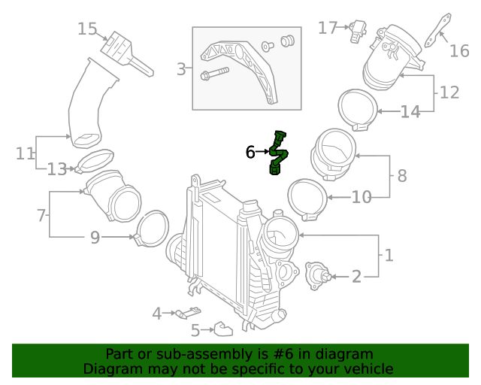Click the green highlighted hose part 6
coord(278,154)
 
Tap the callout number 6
coord(250,153)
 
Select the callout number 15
coord(88,29)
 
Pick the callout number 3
coord(181,70)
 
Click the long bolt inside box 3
coord(215,74)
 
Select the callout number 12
coord(449,92)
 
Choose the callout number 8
coord(402,176)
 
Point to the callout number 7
coord(41,216)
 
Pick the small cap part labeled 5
coord(222,329)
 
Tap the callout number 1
coord(389,256)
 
